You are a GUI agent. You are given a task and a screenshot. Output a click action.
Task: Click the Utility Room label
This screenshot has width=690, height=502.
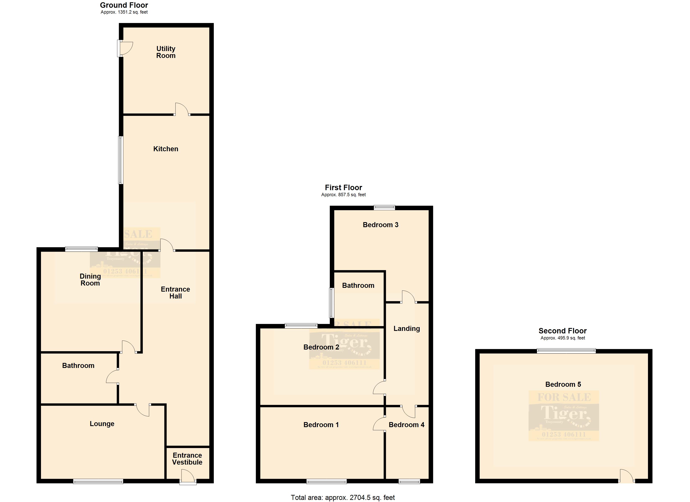pos(166,52)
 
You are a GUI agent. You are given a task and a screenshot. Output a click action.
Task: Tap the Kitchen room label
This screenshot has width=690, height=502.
pos(166,149)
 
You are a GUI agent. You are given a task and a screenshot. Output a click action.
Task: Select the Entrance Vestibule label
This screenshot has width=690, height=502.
pos(187,459)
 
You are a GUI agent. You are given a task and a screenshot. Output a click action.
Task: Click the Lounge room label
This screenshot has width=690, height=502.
pos(102,424)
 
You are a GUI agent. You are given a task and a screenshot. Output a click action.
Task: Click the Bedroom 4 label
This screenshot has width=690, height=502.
pos(406,425)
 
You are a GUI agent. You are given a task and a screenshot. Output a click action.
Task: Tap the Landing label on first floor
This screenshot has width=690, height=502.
pos(406,328)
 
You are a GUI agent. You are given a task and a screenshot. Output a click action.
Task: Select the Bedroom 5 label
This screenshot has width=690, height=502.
pos(563,384)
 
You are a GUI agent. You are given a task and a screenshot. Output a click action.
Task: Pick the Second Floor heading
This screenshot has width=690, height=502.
pos(562,331)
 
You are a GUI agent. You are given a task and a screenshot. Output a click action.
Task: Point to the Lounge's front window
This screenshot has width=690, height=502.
pos(98,481)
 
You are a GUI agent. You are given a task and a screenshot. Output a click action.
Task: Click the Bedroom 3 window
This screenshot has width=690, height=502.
pos(384,208)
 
